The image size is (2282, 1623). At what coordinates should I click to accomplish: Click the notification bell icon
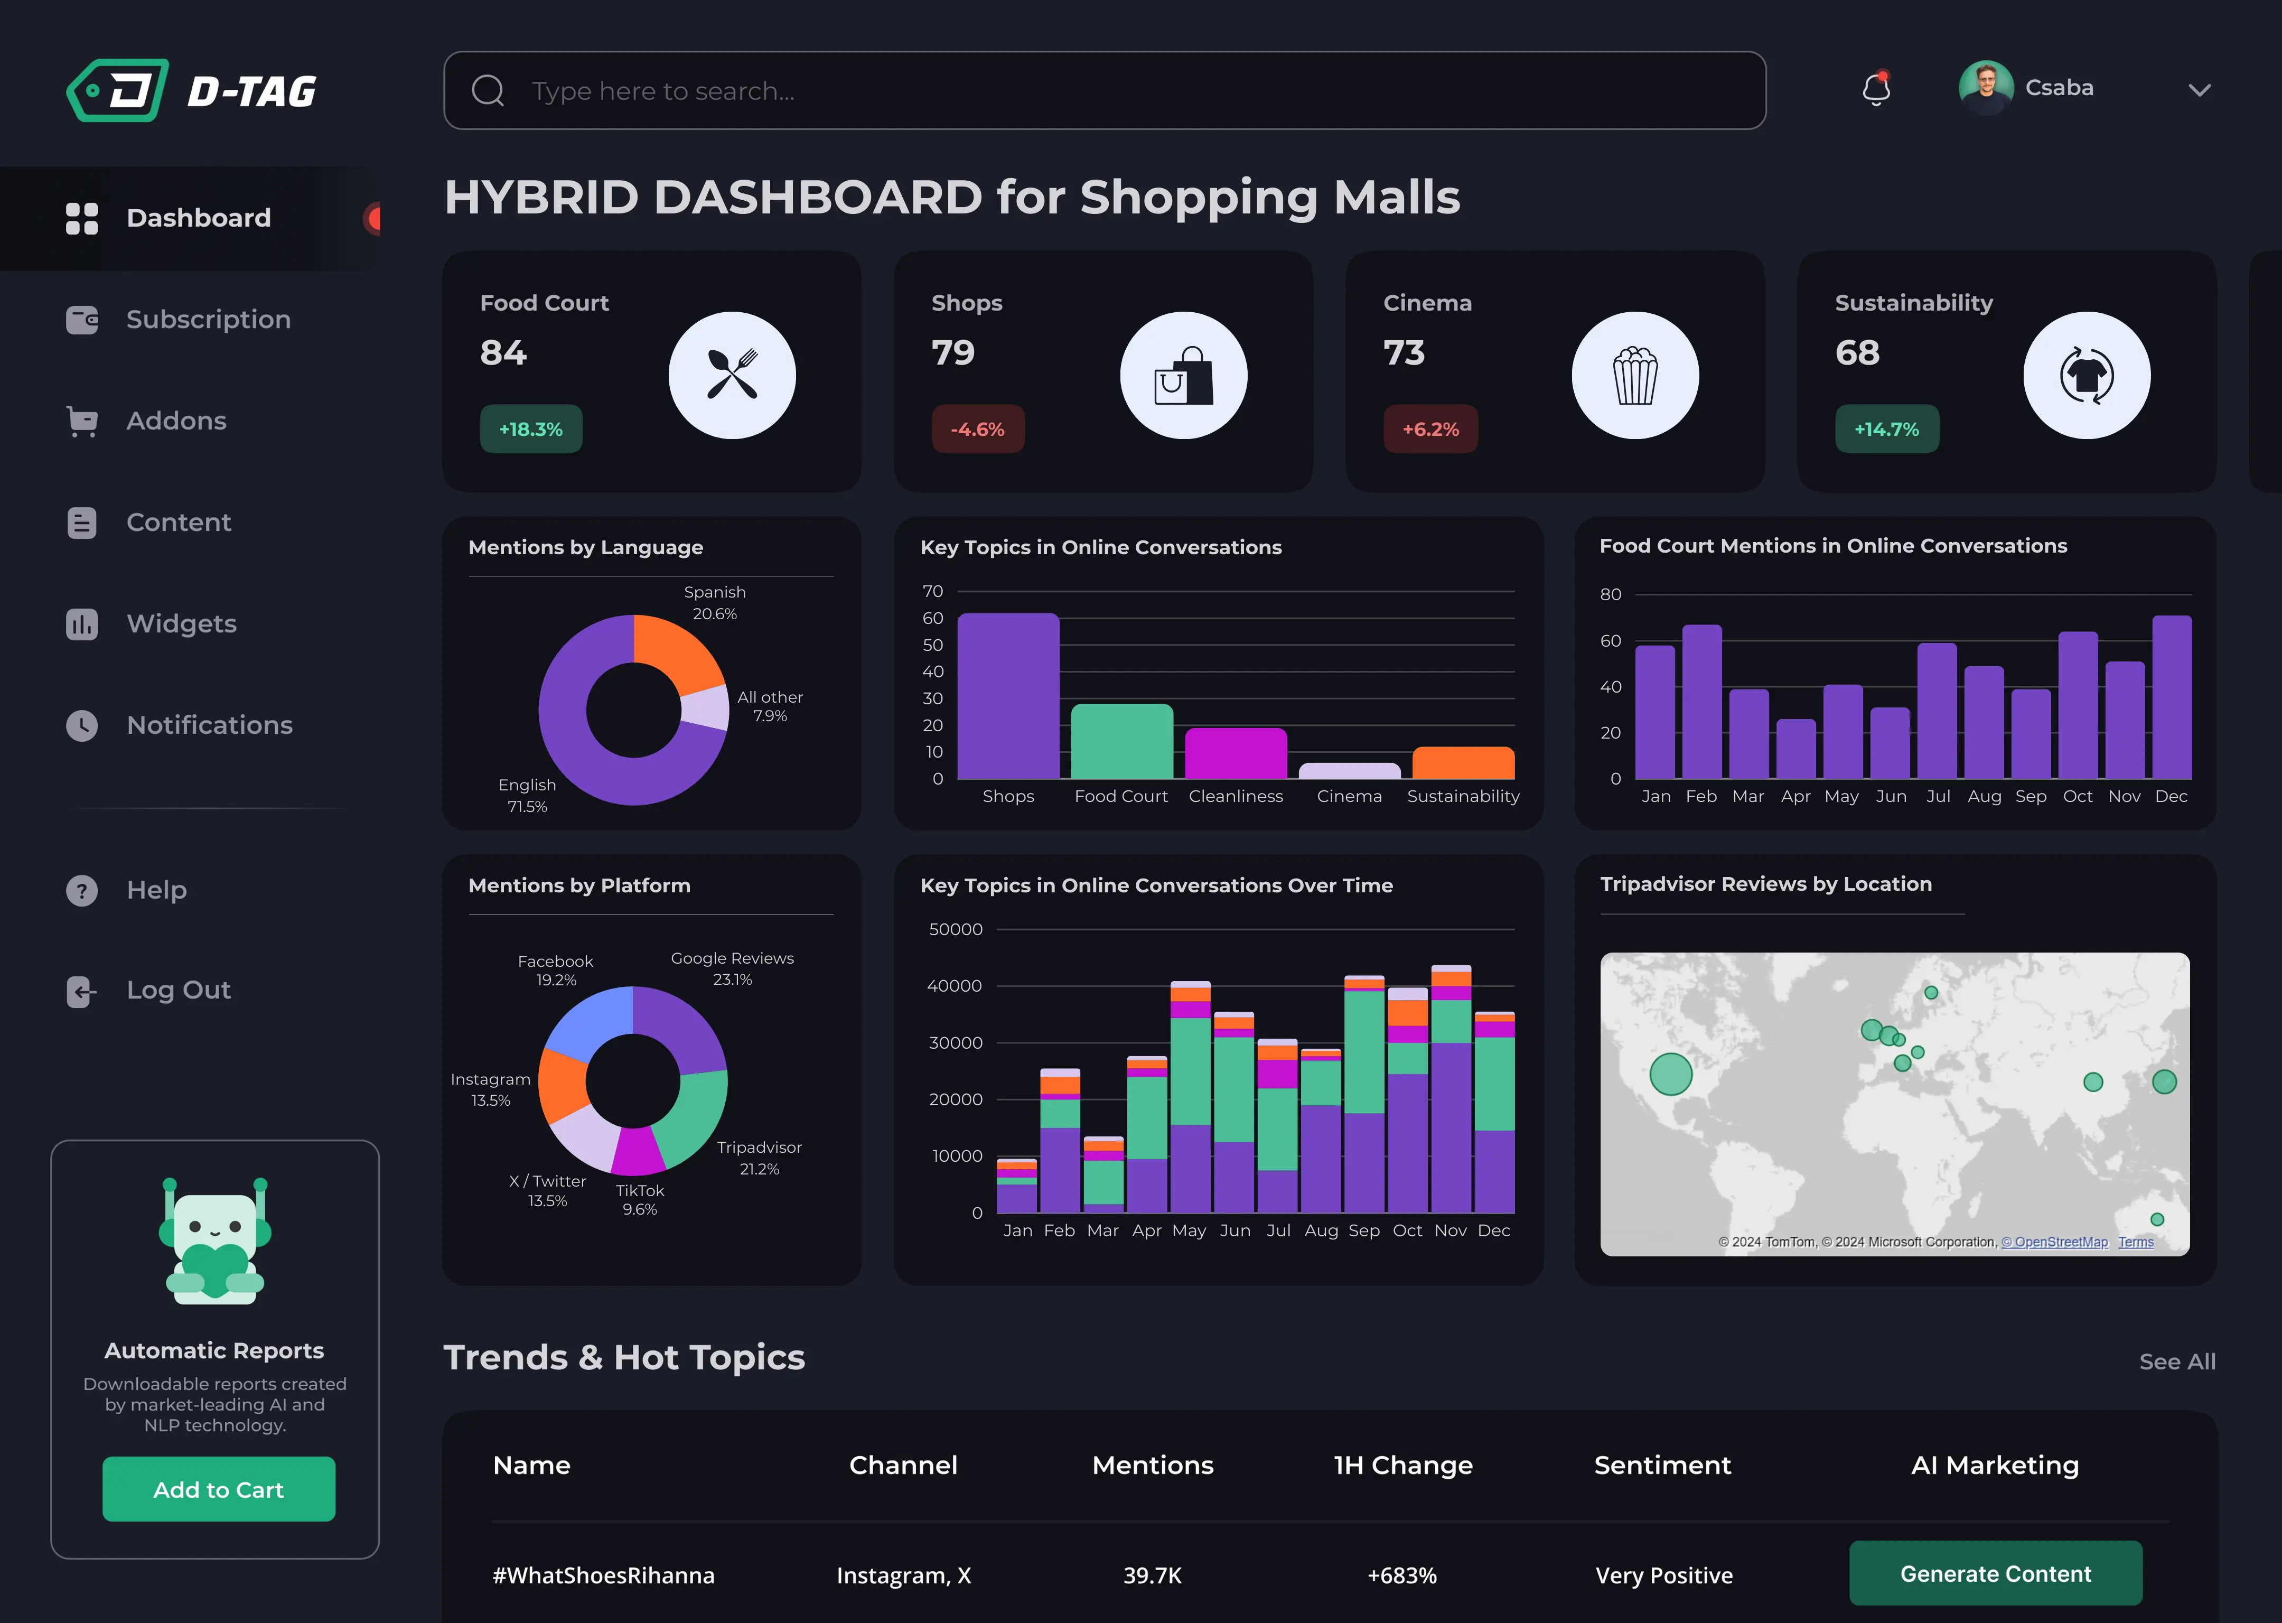pyautogui.click(x=1875, y=90)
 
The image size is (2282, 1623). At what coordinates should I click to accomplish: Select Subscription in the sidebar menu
pyautogui.click(x=208, y=320)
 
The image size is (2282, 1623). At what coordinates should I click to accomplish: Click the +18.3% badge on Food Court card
pyautogui.click(x=530, y=430)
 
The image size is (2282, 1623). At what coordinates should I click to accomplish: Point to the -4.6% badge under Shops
pyautogui.click(x=977, y=430)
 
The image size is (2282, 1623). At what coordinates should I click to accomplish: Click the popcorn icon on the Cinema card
pyautogui.click(x=1634, y=376)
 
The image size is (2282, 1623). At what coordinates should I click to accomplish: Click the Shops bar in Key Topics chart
pyautogui.click(x=1007, y=696)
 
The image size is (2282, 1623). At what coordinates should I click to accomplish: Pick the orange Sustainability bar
pyautogui.click(x=1463, y=763)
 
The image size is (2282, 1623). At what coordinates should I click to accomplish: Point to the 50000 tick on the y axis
pyautogui.click(x=955, y=929)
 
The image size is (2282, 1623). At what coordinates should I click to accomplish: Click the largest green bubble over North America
pyautogui.click(x=1670, y=1074)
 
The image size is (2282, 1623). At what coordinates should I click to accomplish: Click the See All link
pyautogui.click(x=2176, y=1362)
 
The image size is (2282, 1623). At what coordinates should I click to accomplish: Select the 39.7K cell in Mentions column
pyautogui.click(x=1152, y=1576)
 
